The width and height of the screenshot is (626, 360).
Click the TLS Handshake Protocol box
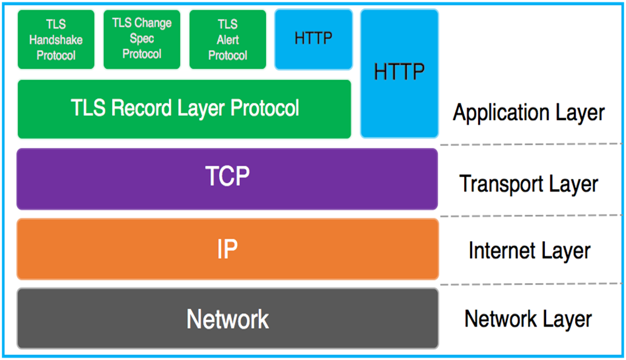pos(56,39)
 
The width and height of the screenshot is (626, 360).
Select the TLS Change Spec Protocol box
pos(141,39)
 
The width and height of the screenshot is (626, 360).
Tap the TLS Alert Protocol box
pos(227,39)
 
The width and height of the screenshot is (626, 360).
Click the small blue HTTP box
pos(313,39)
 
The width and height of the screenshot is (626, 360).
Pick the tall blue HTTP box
pos(399,73)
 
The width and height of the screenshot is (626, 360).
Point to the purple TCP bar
pos(227,179)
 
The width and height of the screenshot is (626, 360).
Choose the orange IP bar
pos(227,249)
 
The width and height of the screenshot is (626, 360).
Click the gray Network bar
pos(227,318)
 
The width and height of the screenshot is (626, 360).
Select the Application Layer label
pos(528,113)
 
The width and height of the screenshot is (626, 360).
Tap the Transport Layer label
pos(528,184)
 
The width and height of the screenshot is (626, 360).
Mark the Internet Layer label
pos(528,251)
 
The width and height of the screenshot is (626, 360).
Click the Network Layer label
pos(528,319)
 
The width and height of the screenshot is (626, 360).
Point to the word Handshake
pos(56,40)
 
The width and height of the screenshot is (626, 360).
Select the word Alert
pos(228,40)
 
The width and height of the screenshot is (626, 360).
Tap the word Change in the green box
pos(153,24)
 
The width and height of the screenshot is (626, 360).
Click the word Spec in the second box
pos(141,39)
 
